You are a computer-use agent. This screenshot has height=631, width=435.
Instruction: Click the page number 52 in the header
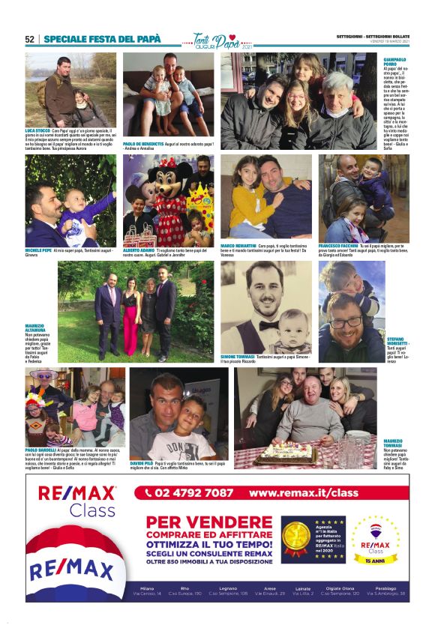(30, 39)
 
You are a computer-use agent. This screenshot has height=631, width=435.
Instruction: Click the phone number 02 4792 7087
(194, 493)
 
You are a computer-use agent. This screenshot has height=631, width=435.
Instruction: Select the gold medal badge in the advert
(294, 537)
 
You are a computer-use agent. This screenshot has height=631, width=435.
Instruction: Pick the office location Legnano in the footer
(228, 588)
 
